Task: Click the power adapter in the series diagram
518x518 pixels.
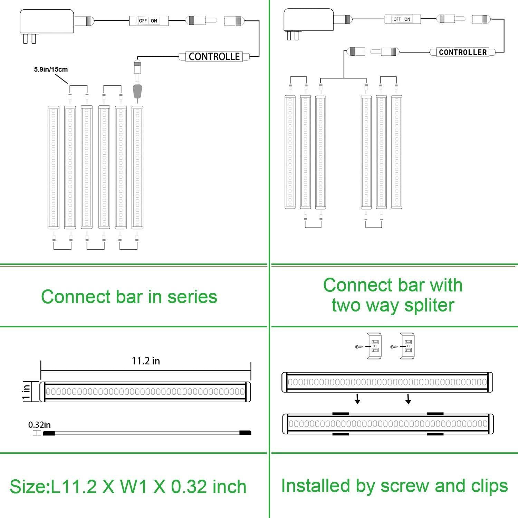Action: point(47,22)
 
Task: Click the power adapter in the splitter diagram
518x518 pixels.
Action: point(309,20)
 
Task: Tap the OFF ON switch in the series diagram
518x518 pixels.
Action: point(148,21)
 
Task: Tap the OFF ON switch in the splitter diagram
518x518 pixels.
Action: point(402,19)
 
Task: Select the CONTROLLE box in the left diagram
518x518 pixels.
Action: point(214,57)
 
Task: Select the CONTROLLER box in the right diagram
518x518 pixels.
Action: point(463,52)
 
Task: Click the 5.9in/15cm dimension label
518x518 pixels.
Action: point(51,69)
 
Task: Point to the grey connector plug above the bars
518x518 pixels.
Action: point(137,91)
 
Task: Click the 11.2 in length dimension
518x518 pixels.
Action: point(146,361)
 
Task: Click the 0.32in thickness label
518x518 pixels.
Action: point(39,425)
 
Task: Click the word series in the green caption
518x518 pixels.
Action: point(192,297)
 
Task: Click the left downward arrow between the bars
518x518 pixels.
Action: point(358,400)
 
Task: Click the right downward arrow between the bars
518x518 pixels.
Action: point(408,400)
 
